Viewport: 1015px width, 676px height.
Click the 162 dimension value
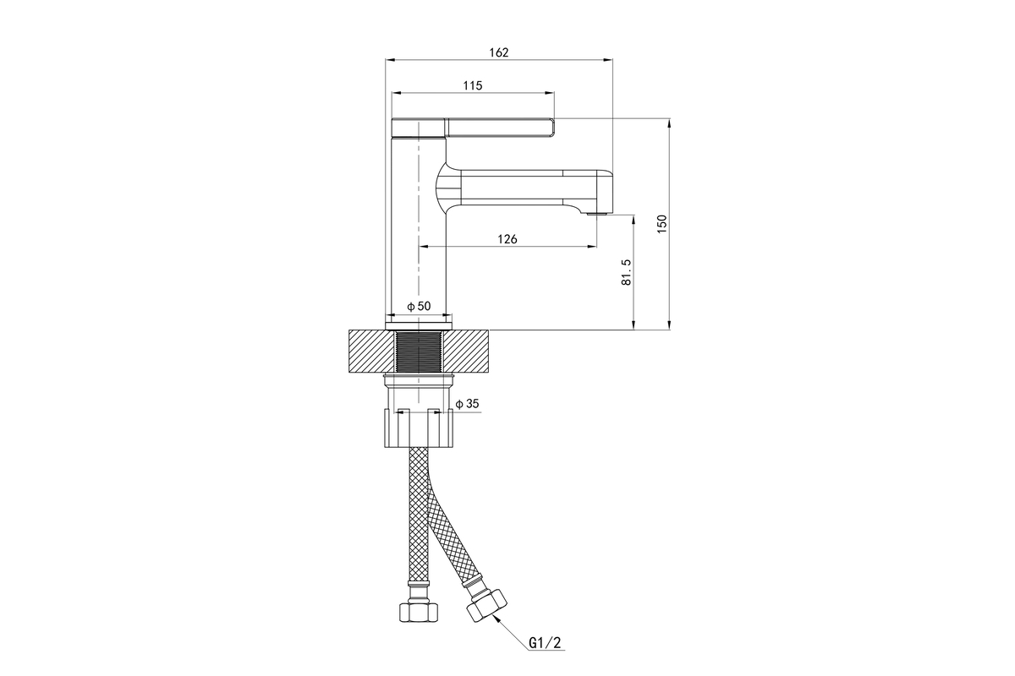pos(498,52)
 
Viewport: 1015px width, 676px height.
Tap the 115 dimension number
pos(473,85)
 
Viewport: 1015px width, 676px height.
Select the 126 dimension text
pos(507,239)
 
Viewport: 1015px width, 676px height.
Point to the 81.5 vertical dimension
pos(626,272)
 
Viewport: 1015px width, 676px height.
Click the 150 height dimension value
pos(662,224)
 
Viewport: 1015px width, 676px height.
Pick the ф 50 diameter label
pos(419,306)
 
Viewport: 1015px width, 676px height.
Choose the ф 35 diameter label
pos(467,403)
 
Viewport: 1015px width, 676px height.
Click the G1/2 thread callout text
pos(545,642)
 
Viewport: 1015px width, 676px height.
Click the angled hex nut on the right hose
pos(486,605)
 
